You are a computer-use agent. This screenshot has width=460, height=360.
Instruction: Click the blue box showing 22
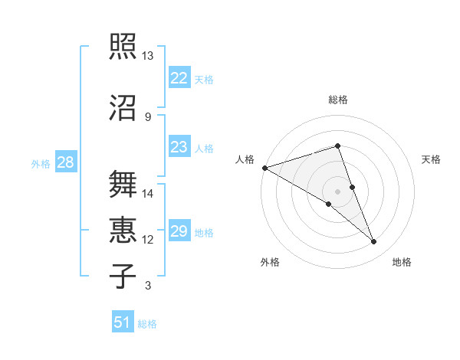pyautogui.click(x=179, y=77)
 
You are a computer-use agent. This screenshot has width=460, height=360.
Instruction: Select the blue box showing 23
pyautogui.click(x=179, y=146)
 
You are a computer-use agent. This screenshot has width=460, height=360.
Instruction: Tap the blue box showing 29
pyautogui.click(x=179, y=231)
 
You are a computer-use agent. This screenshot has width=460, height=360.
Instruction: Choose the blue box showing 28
pyautogui.click(x=65, y=162)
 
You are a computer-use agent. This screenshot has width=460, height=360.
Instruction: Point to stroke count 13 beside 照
pyautogui.click(x=147, y=56)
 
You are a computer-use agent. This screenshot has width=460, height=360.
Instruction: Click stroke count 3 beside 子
pyautogui.click(x=147, y=286)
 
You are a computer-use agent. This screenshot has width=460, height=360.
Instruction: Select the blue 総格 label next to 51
pyautogui.click(x=147, y=324)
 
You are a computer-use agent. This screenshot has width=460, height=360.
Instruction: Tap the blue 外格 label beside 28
pyautogui.click(x=41, y=163)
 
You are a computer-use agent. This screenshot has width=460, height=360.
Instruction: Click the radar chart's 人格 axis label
pyautogui.click(x=245, y=159)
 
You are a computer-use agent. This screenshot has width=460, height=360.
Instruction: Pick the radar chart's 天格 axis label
pyautogui.click(x=431, y=159)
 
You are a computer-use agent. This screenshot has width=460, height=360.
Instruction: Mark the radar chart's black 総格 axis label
pyautogui.click(x=337, y=100)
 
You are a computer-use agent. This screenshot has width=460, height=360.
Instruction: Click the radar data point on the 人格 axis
pyautogui.click(x=264, y=168)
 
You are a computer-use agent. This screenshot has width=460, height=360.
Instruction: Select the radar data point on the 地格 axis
pyautogui.click(x=373, y=241)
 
